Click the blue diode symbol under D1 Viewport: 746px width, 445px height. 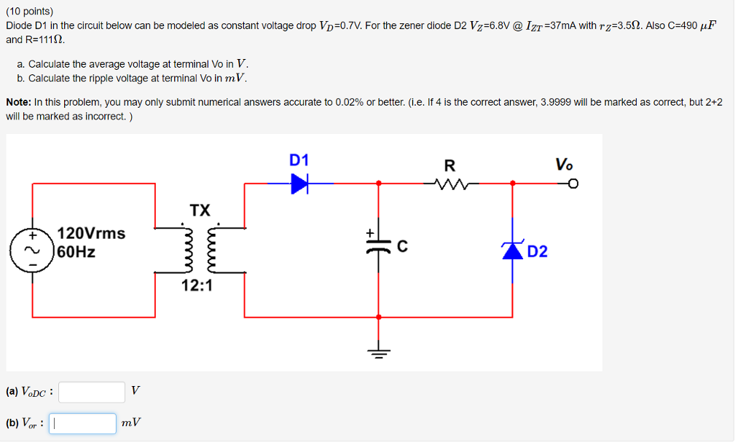[299, 184]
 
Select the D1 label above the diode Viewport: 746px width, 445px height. [299, 160]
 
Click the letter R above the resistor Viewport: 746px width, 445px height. [449, 165]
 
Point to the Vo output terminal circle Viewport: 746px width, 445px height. [573, 184]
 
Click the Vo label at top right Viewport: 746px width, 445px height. [564, 164]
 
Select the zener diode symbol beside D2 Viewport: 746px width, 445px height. [513, 251]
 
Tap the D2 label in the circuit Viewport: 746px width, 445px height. [537, 252]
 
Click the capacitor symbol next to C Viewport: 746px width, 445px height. [378, 245]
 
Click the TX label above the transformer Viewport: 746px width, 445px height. [200, 210]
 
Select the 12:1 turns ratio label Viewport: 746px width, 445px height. [197, 285]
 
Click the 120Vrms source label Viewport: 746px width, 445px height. [91, 234]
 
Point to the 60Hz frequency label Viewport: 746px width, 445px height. [76, 253]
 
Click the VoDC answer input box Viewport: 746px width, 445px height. [92, 393]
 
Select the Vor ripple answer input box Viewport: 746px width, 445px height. [82, 424]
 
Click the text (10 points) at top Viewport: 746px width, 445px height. [30, 12]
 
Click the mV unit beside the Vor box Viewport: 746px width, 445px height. [132, 423]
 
